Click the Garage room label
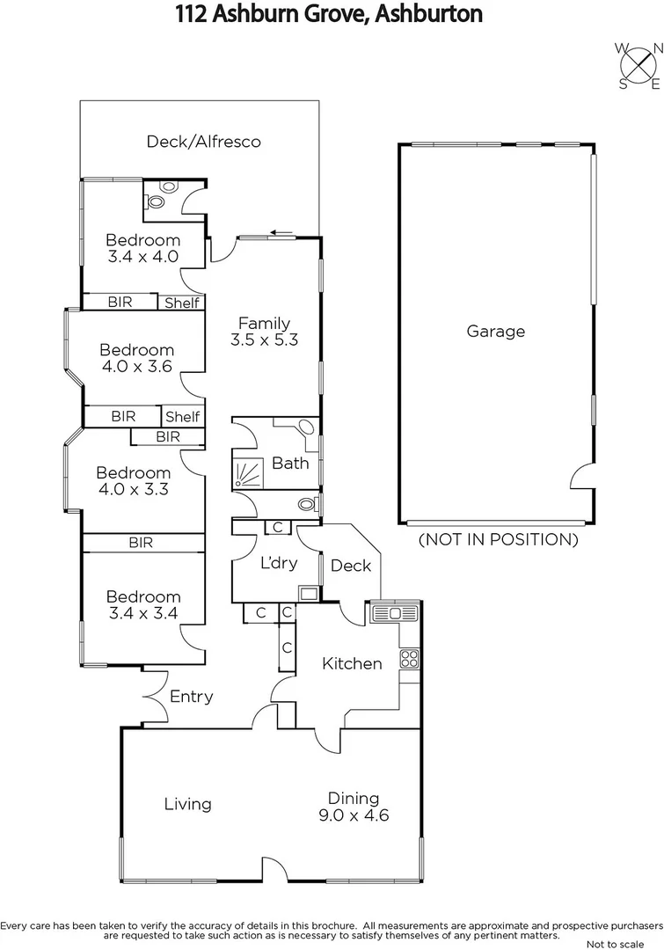496,332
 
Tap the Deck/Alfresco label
203,141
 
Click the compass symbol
639,67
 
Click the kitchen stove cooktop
409,658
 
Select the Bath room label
290,463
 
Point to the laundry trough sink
309,593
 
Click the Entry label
191,697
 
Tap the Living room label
187,804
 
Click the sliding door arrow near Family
281,232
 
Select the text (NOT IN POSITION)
498,539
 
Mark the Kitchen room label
352,663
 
